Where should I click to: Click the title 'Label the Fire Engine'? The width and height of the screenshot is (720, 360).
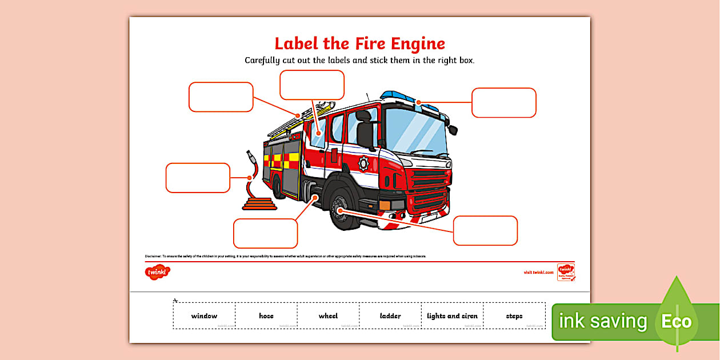(359, 44)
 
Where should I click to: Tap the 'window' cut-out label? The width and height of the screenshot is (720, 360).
(204, 316)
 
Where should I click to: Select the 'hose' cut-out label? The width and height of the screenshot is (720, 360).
(266, 316)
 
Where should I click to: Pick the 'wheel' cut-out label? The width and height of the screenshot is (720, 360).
(328, 316)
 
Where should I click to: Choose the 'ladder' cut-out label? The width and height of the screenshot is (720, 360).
(390, 316)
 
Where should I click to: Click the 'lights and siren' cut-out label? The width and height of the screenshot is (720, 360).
(452, 316)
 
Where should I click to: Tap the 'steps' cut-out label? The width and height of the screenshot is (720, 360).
(514, 316)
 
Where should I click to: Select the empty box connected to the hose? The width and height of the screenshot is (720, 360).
(198, 178)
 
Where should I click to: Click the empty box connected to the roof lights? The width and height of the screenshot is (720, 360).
(503, 103)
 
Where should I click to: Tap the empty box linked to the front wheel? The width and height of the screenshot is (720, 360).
(485, 230)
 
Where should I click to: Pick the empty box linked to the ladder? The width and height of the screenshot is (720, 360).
(221, 97)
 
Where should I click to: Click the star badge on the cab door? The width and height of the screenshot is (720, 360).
(363, 163)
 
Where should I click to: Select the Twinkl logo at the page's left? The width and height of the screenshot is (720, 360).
(158, 273)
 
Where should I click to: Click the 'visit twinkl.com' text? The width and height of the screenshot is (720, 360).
(538, 273)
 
